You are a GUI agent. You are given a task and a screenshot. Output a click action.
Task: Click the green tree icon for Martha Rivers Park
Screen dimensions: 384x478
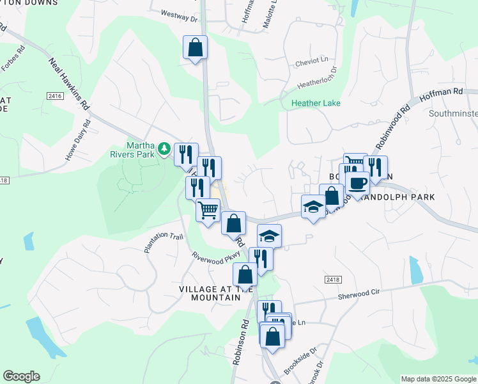[x=164, y=148]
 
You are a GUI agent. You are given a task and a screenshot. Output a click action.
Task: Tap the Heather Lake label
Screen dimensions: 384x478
[x=316, y=103]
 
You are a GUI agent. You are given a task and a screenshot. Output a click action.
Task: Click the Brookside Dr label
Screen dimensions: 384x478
[x=300, y=361]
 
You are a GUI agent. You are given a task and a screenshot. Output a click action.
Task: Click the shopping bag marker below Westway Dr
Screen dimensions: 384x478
[x=196, y=47]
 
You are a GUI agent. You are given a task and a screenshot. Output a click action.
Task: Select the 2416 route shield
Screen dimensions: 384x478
[x=55, y=95]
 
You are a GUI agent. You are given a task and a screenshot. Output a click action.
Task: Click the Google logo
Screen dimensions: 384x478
[x=21, y=376]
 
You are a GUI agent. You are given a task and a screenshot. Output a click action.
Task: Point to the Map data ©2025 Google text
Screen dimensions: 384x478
[x=438, y=379]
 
